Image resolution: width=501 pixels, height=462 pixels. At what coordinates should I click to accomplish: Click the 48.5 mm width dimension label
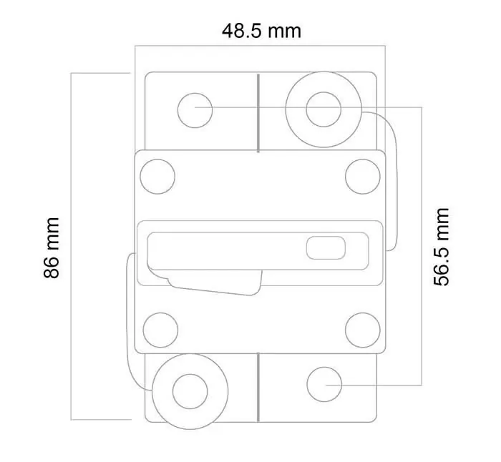click(x=261, y=31)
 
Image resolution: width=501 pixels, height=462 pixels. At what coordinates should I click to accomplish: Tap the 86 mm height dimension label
click(x=52, y=248)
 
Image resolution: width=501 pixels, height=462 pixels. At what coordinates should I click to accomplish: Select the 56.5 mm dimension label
click(x=442, y=247)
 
